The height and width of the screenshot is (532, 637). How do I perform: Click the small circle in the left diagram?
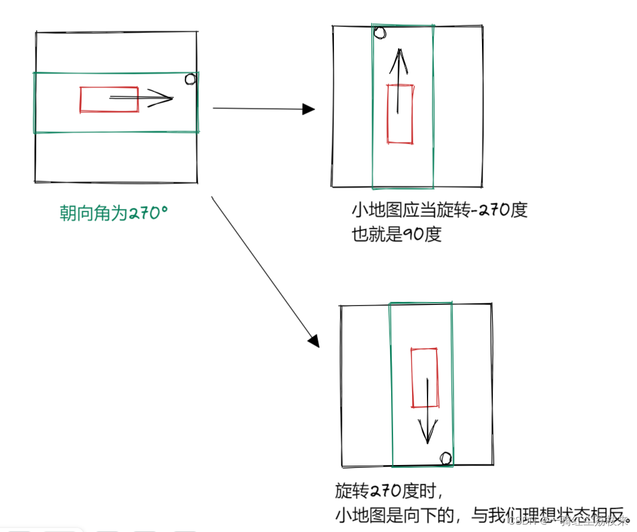tap(191, 79)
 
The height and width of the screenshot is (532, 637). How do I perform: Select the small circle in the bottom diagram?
tap(446, 458)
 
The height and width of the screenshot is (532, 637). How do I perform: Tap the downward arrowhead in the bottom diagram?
tap(428, 434)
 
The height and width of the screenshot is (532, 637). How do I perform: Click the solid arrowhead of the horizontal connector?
tap(308, 109)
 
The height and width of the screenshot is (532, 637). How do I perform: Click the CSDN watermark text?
tap(522, 520)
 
